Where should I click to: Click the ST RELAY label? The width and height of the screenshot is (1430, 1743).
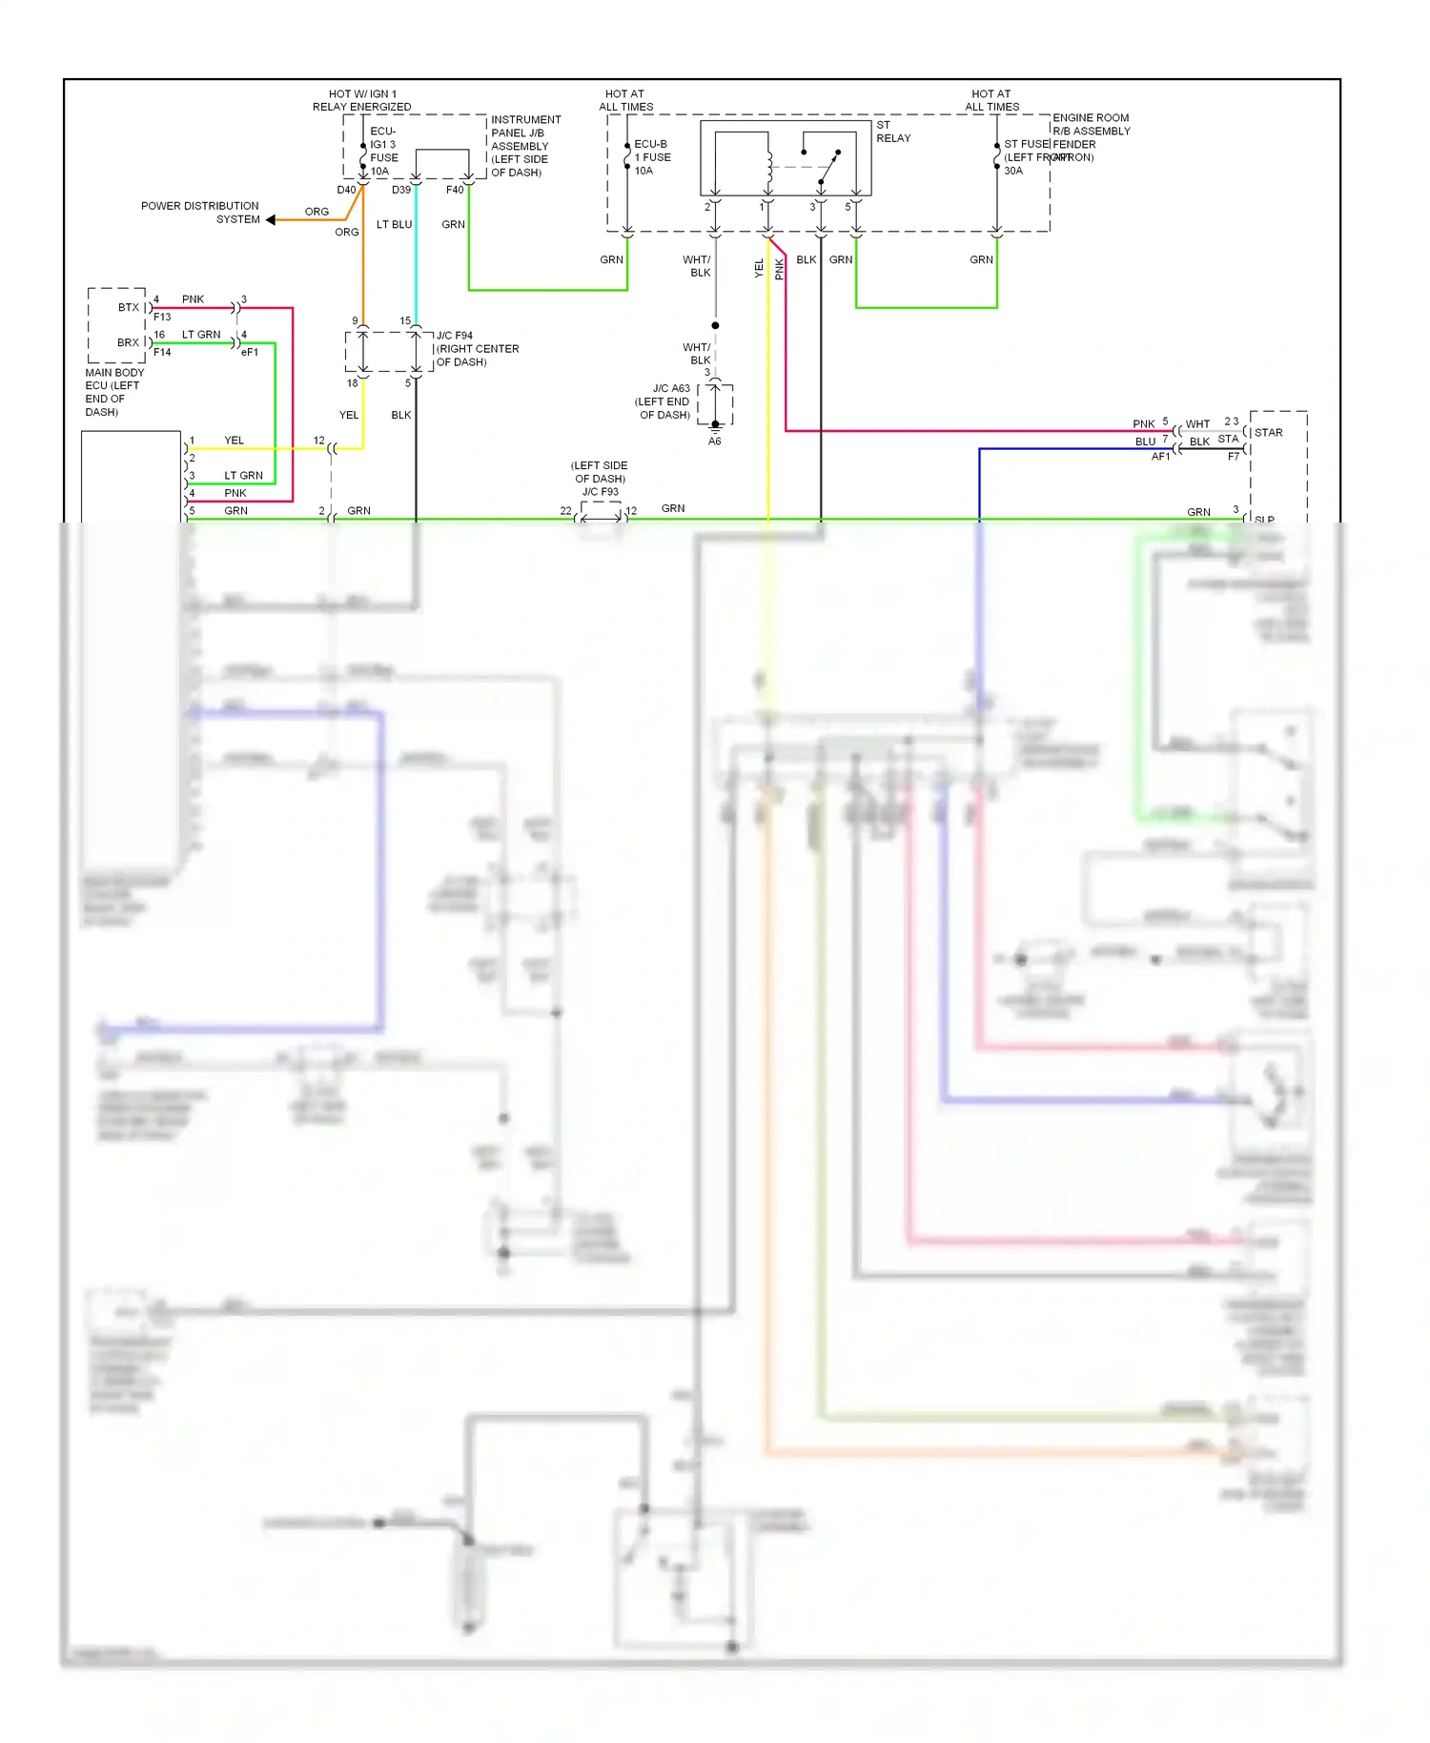pos(892,132)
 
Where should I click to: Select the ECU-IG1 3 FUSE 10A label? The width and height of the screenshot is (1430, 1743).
pos(383,151)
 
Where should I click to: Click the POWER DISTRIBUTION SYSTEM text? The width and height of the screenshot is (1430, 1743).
pos(200,213)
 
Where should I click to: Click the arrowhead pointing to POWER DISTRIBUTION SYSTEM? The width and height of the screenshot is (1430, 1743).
pos(271,220)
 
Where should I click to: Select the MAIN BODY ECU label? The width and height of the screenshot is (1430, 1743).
pos(113,392)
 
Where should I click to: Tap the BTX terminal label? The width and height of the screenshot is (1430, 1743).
pos(128,308)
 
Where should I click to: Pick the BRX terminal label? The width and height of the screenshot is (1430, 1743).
pos(128,343)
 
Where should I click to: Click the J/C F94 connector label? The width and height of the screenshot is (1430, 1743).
pos(477,349)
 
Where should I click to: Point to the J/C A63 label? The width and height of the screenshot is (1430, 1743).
pos(664,401)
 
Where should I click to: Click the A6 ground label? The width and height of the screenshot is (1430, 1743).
pos(714,441)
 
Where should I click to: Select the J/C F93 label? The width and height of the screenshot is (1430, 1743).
pos(600,479)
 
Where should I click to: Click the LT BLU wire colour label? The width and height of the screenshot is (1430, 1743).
pos(394,225)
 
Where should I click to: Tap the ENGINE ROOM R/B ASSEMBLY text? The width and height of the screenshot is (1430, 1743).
pos(1091,125)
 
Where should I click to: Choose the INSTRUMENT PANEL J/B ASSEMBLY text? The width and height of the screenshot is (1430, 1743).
pos(525,146)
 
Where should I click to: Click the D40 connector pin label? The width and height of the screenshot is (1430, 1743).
pos(345,190)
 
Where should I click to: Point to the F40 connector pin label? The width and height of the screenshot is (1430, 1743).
pos(455,190)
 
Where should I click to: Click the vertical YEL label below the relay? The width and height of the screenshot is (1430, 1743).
pos(759,268)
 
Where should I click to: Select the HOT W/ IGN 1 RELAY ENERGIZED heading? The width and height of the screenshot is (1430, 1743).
pos(361,100)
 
